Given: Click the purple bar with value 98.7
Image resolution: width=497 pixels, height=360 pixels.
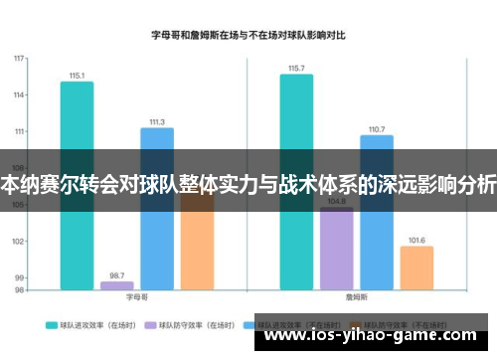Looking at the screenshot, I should coord(116,285).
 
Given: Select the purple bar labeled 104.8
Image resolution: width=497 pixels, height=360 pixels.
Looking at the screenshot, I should coord(336,249).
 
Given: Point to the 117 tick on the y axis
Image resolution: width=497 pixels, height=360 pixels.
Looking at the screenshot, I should coord(19,59).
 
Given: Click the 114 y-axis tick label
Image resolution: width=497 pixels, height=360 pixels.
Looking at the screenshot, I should coord(19,95).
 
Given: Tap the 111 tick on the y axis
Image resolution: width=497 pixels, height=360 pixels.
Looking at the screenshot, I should coord(19,132).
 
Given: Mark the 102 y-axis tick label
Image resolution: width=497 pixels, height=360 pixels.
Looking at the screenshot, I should coord(19,242).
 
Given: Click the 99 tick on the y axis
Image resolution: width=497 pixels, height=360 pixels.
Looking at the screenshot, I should coord(19,277).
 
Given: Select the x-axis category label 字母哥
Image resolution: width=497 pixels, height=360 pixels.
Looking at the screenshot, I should coord(136,297).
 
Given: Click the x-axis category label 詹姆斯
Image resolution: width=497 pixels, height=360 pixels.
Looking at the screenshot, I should coord(356,297).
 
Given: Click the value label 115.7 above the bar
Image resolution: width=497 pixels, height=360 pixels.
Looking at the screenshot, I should coord(296,69).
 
